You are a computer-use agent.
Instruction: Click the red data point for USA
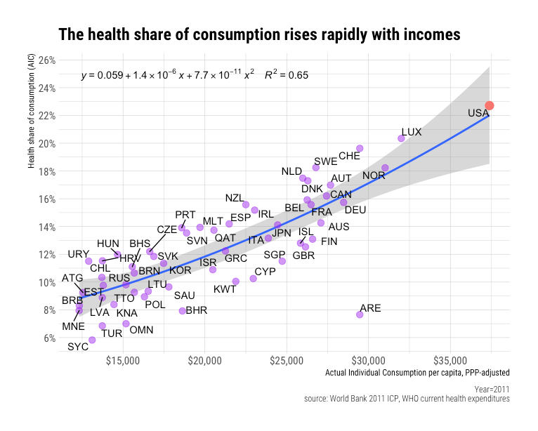coord(490,105)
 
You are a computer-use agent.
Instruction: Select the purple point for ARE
coord(360,314)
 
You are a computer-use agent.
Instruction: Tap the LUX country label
coord(412,132)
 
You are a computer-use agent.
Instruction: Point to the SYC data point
coord(92,340)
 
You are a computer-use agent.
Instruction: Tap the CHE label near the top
coord(349,156)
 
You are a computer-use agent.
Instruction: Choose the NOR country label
coord(374,175)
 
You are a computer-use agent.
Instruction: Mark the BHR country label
coord(196,310)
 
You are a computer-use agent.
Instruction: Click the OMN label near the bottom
coord(142,330)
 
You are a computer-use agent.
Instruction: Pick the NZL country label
coord(235,198)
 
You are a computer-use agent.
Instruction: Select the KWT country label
coord(225,289)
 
